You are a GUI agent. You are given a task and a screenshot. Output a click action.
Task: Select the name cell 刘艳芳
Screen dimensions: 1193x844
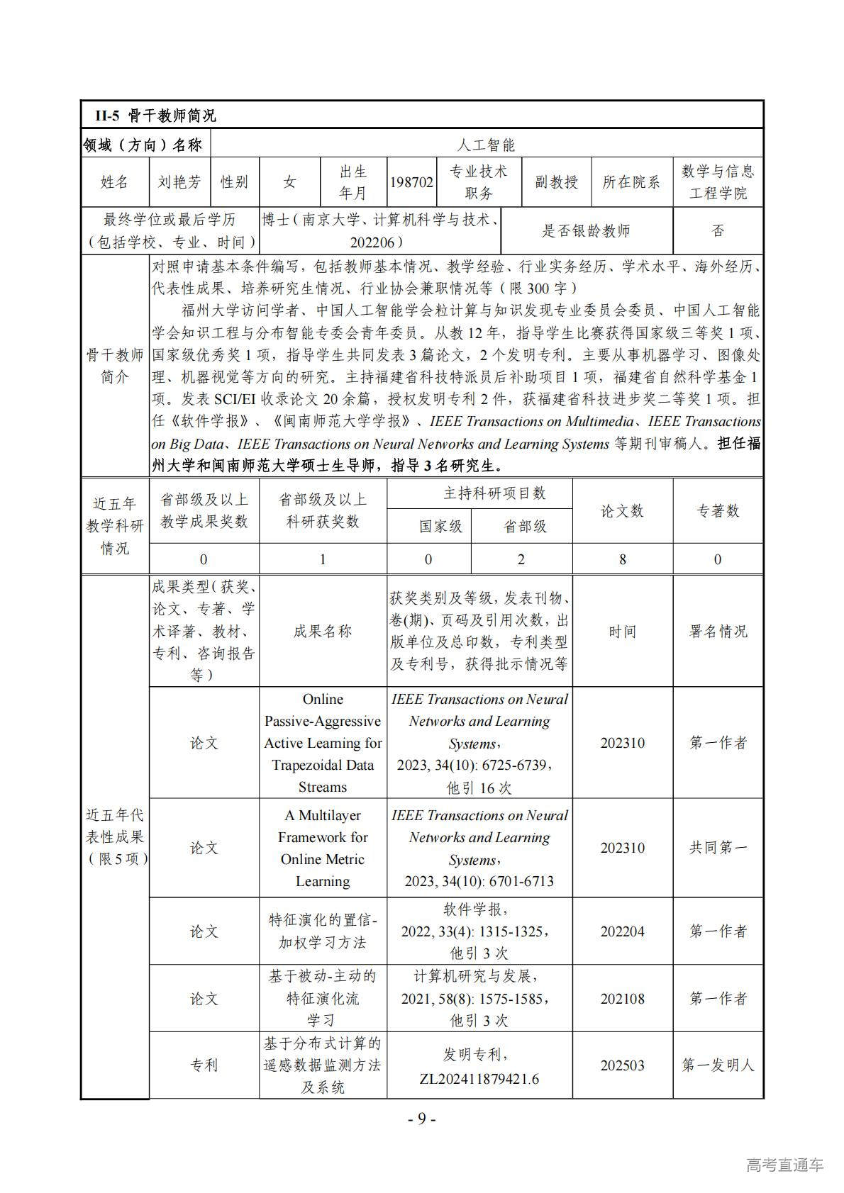[179, 182]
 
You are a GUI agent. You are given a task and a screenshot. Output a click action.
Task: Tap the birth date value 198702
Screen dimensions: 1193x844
[411, 182]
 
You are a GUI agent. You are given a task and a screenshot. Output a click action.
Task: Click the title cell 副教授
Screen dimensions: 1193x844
[556, 182]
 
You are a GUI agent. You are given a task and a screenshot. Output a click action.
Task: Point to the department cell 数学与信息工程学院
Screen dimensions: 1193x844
[718, 182]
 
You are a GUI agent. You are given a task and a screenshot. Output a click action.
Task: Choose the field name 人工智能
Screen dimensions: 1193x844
[486, 145]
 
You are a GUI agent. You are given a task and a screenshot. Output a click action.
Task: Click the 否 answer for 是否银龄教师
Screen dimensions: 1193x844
[718, 231]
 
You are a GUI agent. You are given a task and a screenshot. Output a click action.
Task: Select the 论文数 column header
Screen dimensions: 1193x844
[622, 511]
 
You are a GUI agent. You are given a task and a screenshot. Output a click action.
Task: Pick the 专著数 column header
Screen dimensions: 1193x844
[718, 511]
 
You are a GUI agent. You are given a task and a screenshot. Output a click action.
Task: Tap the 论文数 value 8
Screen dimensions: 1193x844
[622, 559]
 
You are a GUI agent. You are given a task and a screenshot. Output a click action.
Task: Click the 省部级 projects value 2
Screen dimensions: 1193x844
[521, 559]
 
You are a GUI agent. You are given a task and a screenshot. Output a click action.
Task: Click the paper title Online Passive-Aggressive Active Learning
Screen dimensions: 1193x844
[323, 743]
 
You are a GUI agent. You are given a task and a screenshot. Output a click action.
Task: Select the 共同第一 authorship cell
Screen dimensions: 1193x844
[718, 848]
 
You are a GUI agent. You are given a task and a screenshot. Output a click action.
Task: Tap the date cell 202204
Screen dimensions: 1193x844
[622, 931]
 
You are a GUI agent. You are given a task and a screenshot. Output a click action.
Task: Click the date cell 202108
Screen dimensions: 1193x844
[622, 999]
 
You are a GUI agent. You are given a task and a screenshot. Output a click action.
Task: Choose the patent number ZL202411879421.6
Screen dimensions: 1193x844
[479, 1079]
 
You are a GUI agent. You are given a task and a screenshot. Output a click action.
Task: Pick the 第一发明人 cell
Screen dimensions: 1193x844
[718, 1065]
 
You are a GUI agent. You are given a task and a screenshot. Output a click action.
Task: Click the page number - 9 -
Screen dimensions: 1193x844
[421, 1119]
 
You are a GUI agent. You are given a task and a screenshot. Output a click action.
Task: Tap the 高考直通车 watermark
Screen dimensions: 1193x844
[784, 1165]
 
